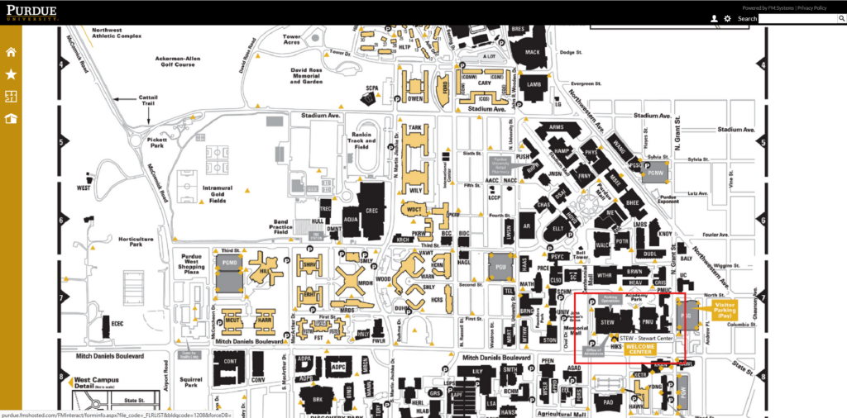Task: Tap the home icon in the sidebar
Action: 12,52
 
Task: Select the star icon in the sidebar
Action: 12,74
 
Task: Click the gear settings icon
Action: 727,18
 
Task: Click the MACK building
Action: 532,52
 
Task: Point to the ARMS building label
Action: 556,127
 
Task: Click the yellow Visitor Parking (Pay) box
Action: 725,310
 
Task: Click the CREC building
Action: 371,211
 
